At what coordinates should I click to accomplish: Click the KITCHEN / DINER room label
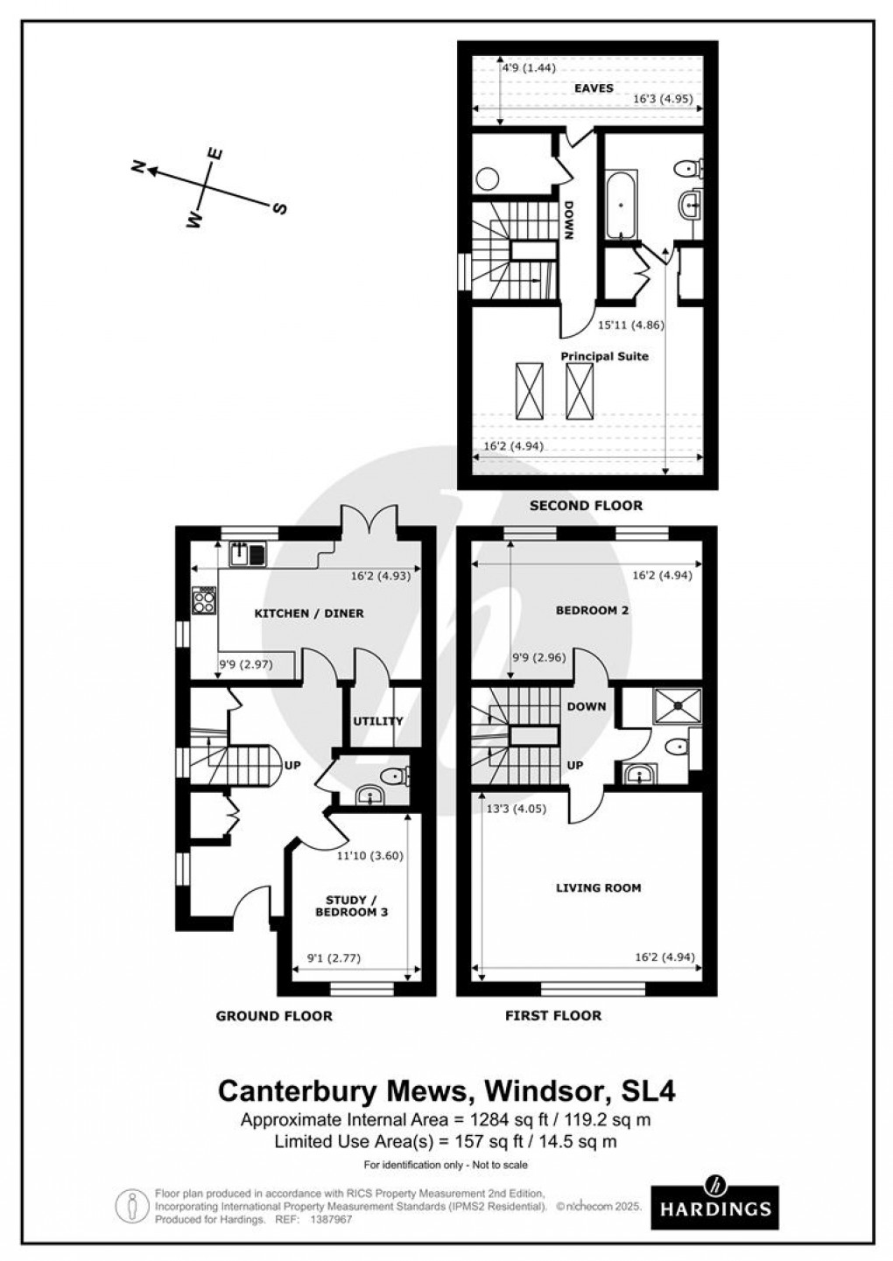pos(308,613)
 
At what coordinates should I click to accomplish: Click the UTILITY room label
pos(377,721)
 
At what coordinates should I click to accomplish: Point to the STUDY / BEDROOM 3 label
pos(350,906)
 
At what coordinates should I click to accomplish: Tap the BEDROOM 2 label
pos(593,610)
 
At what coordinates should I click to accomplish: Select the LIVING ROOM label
pos(599,887)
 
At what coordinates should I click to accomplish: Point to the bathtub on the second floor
pos(622,205)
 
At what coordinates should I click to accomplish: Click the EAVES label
pos(593,88)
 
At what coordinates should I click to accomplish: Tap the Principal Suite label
pos(604,356)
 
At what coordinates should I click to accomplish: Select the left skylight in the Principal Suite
pos(529,391)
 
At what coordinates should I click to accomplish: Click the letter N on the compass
pos(137,167)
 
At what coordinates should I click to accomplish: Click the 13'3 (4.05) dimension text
pos(516,809)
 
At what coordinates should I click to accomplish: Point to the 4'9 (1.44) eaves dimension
pos(528,67)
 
